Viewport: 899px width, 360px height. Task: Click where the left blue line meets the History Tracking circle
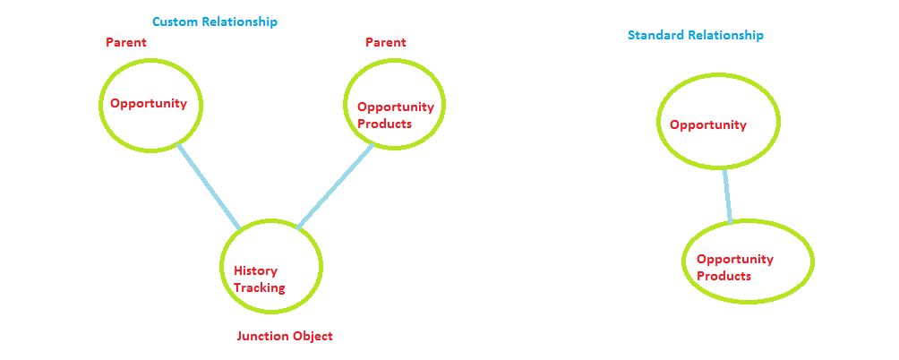click(x=240, y=229)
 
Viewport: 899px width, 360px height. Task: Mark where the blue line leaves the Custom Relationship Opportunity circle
click(x=179, y=145)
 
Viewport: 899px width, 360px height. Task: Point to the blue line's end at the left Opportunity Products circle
click(x=372, y=145)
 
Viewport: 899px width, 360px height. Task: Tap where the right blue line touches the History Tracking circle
click(x=297, y=227)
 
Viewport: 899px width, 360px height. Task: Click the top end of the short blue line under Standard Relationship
click(x=724, y=168)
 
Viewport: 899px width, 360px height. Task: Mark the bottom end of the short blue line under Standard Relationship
click(x=730, y=222)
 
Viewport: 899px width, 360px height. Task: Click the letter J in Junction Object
click(x=240, y=336)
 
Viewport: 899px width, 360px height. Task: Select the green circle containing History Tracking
click(x=271, y=266)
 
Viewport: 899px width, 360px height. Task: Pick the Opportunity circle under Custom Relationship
click(x=150, y=106)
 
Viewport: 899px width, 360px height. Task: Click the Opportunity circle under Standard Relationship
click(x=718, y=121)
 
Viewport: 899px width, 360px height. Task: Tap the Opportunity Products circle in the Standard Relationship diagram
click(x=748, y=261)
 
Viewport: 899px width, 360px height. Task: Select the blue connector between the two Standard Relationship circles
click(x=727, y=195)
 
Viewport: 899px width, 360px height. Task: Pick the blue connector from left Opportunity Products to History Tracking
click(x=335, y=186)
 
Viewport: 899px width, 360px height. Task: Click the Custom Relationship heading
click(x=214, y=21)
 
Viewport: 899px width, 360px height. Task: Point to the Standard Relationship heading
click(x=696, y=35)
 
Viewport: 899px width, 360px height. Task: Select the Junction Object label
click(x=285, y=336)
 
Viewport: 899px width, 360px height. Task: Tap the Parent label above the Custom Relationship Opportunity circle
click(x=126, y=42)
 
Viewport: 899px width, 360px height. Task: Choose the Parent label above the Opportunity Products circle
click(x=385, y=42)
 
